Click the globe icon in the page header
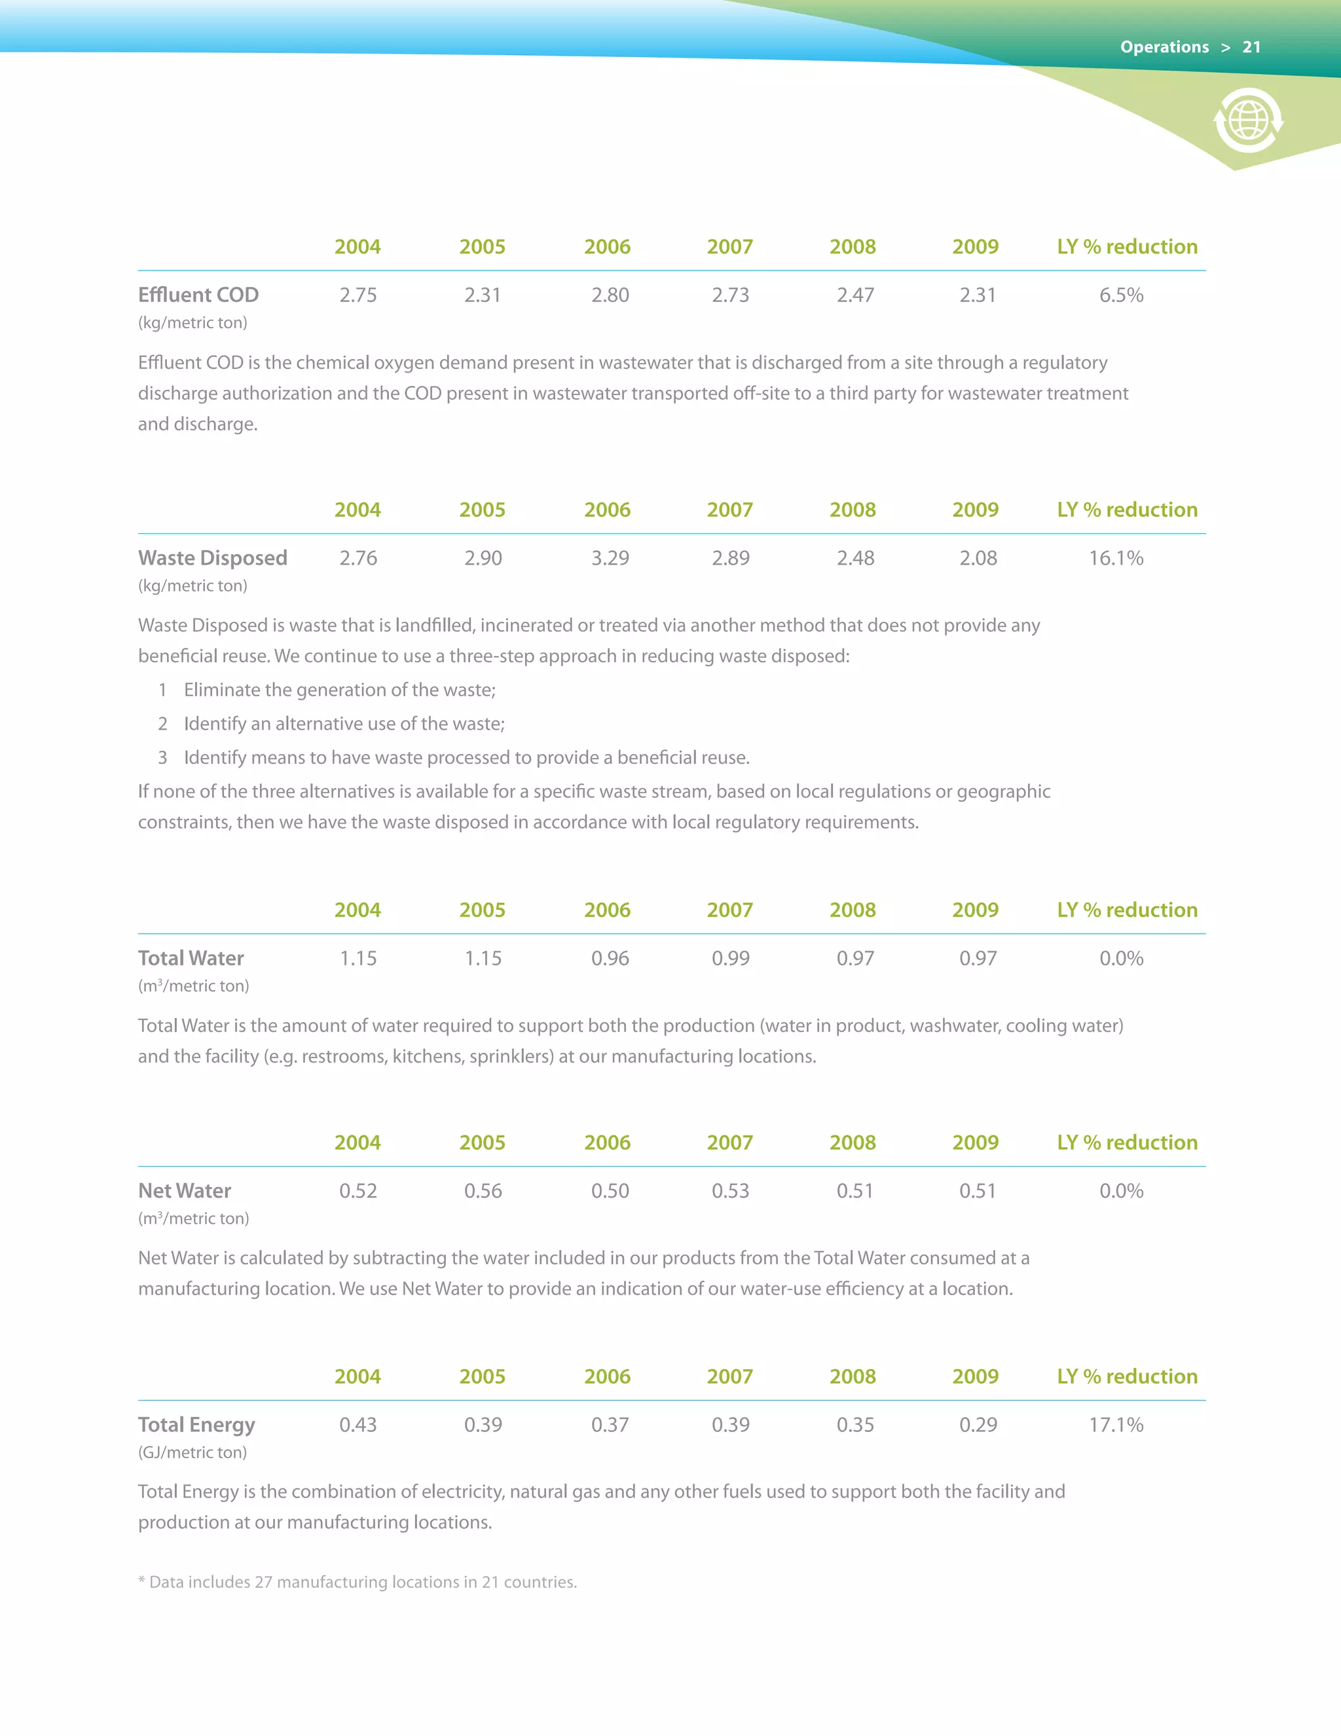[x=1248, y=121]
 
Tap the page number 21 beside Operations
[x=1252, y=47]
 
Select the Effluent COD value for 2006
[x=610, y=295]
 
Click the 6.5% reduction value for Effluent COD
[x=1121, y=295]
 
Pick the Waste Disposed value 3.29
[x=610, y=558]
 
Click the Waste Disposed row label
[x=212, y=558]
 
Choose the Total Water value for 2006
[x=610, y=958]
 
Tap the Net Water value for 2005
[x=483, y=1191]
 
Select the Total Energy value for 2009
[x=978, y=1424]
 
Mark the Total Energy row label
[x=196, y=1424]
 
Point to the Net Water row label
[x=184, y=1191]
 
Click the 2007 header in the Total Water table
[x=729, y=910]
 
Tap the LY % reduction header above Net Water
[x=1126, y=1142]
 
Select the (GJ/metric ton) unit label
[x=193, y=1452]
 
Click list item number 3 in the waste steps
[x=163, y=757]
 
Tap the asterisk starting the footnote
[x=141, y=1580]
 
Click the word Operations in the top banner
[x=1164, y=47]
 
